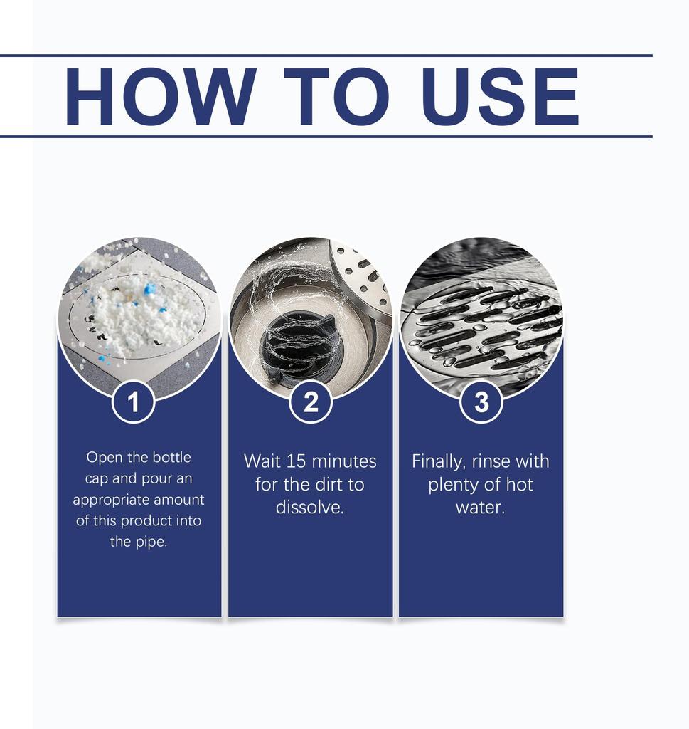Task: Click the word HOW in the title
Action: click(x=161, y=97)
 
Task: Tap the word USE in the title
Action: click(x=501, y=97)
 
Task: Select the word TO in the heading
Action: click(x=336, y=97)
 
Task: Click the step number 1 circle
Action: click(x=133, y=402)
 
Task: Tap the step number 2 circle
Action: click(x=311, y=402)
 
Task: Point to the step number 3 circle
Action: click(x=481, y=402)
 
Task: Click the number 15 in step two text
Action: click(x=296, y=461)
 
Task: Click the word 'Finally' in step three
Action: click(x=438, y=462)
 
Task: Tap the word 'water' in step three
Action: click(x=479, y=507)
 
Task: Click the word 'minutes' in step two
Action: click(x=344, y=461)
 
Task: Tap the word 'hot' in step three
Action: click(x=519, y=484)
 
